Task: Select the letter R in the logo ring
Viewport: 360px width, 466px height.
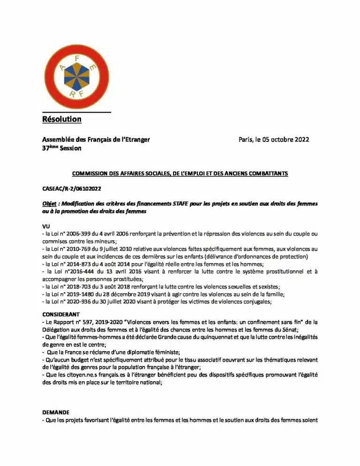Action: point(72,93)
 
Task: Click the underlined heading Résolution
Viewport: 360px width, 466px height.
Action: point(61,119)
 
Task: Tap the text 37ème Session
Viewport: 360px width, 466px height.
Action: point(61,148)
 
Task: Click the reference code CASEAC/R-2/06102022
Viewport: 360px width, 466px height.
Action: point(72,188)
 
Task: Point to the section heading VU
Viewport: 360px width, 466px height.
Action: point(46,226)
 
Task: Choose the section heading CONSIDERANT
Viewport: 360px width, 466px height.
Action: point(61,314)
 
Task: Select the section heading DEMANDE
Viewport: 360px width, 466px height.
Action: point(56,412)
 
